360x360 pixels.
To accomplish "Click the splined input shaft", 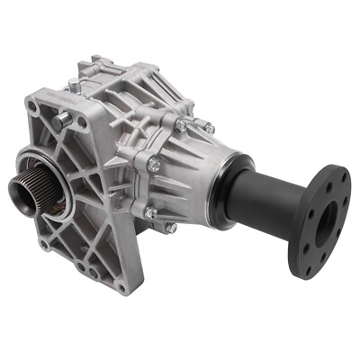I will (26, 193).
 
